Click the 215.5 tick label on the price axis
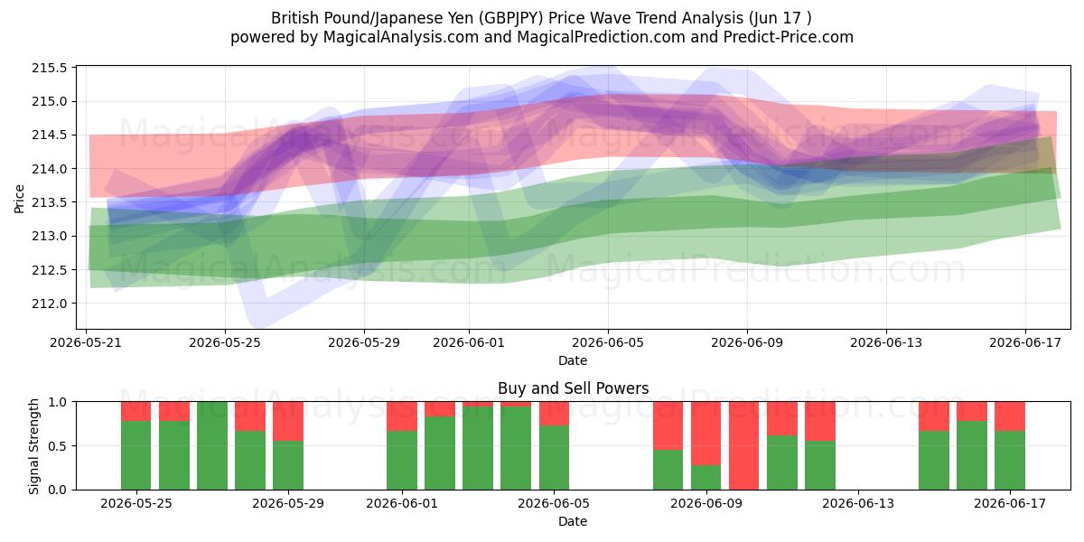click(x=50, y=69)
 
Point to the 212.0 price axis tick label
click(x=50, y=304)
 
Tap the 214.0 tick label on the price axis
click(x=50, y=169)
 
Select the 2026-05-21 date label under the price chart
click(x=86, y=342)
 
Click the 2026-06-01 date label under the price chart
click(x=469, y=342)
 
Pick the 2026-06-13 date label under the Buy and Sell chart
click(x=858, y=503)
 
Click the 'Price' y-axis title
click(x=19, y=199)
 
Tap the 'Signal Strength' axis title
click(x=33, y=446)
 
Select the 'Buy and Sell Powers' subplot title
click(x=573, y=388)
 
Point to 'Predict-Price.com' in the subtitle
click(x=789, y=37)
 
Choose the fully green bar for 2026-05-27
click(x=212, y=445)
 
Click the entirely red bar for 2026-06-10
click(x=743, y=445)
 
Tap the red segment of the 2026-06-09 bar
click(x=706, y=434)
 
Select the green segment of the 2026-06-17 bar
click(x=1010, y=460)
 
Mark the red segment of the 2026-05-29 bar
click(x=288, y=421)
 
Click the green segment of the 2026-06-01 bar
click(x=402, y=460)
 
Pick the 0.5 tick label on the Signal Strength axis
click(x=58, y=445)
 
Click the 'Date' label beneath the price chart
click(x=573, y=360)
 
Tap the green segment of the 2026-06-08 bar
click(x=668, y=470)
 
